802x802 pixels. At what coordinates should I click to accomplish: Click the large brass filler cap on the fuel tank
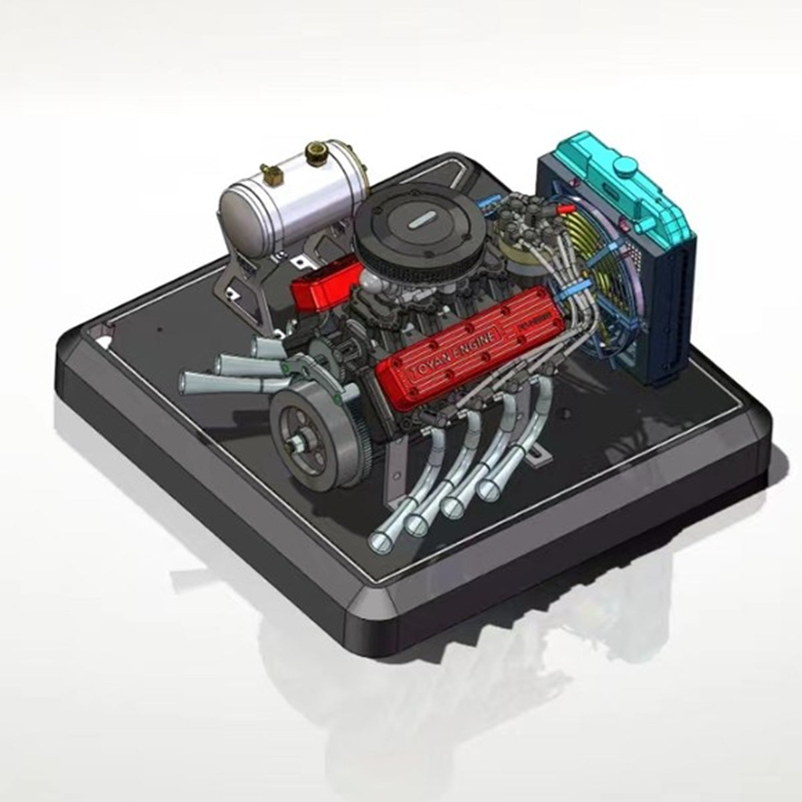click(314, 153)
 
